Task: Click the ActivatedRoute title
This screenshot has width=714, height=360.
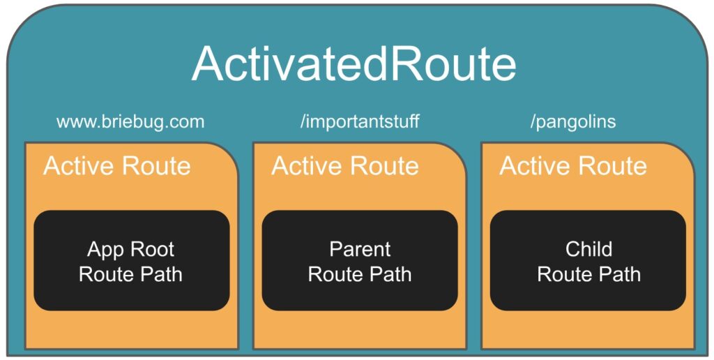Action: click(x=354, y=63)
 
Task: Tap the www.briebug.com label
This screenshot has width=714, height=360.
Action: click(x=130, y=122)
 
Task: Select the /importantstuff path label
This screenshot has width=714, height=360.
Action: click(x=359, y=122)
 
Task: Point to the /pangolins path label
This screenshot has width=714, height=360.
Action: click(x=573, y=122)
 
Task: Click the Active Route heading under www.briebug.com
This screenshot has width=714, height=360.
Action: click(x=117, y=166)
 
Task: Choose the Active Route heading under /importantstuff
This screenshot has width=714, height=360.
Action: click(x=345, y=166)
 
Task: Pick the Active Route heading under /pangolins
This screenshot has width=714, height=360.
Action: click(x=573, y=166)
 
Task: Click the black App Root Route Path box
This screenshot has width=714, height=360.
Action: click(x=132, y=261)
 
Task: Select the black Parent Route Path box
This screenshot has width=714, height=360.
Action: click(x=360, y=261)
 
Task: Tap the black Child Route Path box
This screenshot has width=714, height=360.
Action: click(x=588, y=261)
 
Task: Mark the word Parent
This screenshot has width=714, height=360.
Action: click(x=360, y=249)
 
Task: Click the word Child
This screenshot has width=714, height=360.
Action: click(x=588, y=249)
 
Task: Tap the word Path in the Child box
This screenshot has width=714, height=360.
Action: click(x=620, y=274)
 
